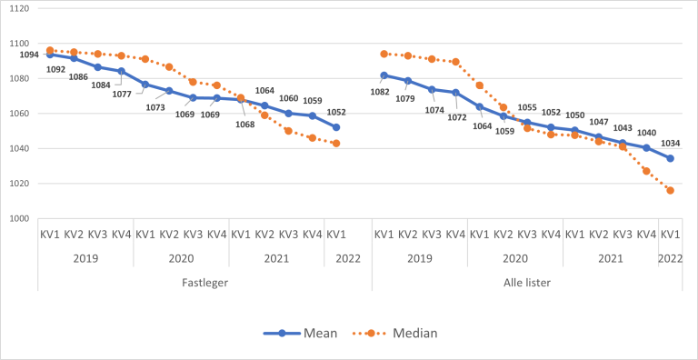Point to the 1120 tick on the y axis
[18, 8]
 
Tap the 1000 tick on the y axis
[18, 219]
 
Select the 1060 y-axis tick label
[18, 114]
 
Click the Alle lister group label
[526, 282]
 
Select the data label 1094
[29, 55]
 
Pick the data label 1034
[669, 143]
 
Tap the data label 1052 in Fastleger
[337, 112]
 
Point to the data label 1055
[527, 107]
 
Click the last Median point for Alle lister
[670, 190]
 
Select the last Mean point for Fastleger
[336, 127]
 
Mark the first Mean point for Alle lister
[384, 75]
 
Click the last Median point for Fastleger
[336, 144]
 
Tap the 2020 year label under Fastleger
[180, 257]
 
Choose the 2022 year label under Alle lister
[670, 257]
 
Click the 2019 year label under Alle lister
[419, 257]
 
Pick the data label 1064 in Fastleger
[264, 91]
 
